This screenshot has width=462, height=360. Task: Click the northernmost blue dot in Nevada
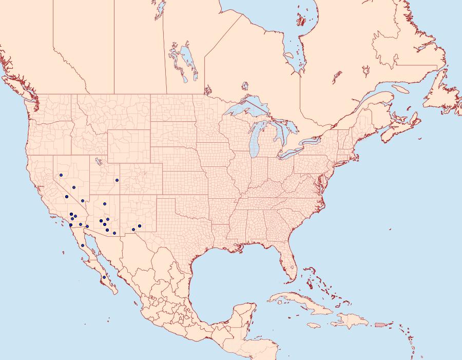coord(61,175)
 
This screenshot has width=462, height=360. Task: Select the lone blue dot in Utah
coord(117,180)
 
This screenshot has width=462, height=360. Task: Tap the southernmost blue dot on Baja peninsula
coord(104,277)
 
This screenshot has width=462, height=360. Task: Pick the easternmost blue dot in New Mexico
coord(140,226)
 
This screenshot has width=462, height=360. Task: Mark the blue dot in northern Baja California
coord(82,245)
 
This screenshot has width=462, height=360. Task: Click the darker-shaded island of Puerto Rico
coord(380,324)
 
